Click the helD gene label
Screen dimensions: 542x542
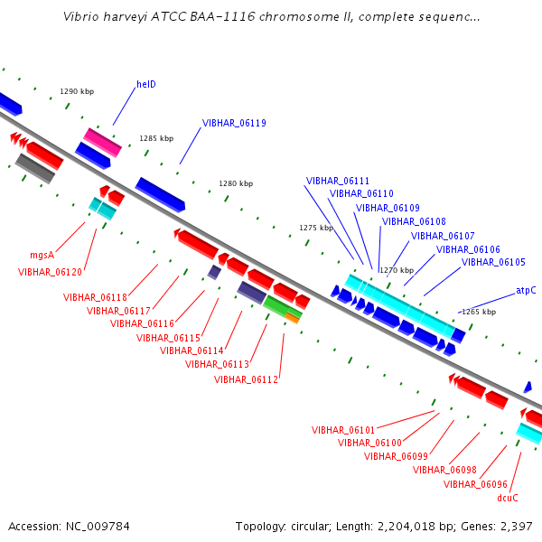click(x=146, y=84)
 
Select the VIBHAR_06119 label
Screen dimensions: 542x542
click(x=234, y=123)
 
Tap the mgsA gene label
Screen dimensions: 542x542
click(x=42, y=255)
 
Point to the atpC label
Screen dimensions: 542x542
click(x=526, y=290)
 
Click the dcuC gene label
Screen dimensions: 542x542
click(x=508, y=498)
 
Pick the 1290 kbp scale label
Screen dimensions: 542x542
click(x=77, y=91)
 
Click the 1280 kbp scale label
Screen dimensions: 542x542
click(x=236, y=183)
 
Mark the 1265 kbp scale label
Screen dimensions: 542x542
click(x=479, y=312)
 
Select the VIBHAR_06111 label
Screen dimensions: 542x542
click(x=338, y=181)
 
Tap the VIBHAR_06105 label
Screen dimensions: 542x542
click(x=493, y=262)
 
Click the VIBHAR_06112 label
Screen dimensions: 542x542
click(x=246, y=379)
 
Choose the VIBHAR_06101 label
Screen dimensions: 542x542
click(x=343, y=430)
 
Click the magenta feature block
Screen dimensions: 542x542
click(x=102, y=143)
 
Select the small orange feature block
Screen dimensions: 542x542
click(x=292, y=318)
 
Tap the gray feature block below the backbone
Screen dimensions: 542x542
click(x=35, y=168)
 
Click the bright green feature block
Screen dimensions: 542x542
click(x=281, y=306)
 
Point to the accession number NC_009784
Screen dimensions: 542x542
click(x=98, y=527)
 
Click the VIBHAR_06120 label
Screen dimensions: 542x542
click(x=50, y=273)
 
